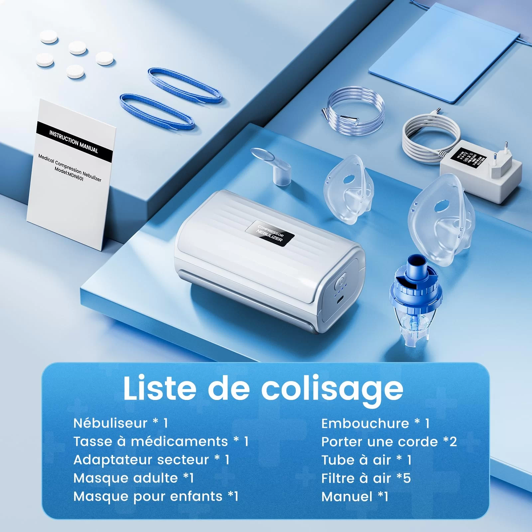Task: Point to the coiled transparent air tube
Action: (x=354, y=106)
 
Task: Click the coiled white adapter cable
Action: (x=424, y=138)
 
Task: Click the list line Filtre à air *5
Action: (x=366, y=478)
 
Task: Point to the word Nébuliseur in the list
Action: (x=110, y=423)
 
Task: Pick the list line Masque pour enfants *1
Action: (x=156, y=496)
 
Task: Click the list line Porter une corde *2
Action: (x=389, y=442)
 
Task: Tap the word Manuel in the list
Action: (x=347, y=497)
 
